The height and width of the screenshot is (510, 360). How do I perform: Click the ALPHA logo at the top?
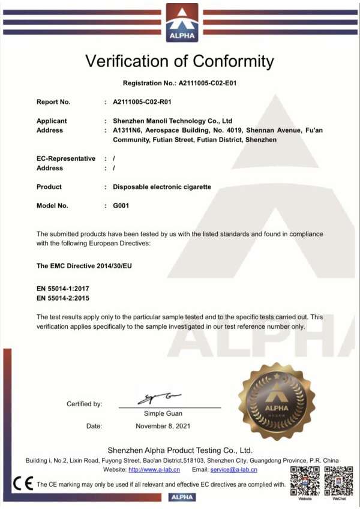tap(181, 23)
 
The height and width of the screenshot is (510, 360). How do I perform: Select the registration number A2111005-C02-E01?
tap(209, 83)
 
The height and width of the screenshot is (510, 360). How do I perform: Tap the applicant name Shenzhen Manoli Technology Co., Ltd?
tap(172, 121)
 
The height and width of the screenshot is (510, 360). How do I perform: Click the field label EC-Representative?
tap(66, 158)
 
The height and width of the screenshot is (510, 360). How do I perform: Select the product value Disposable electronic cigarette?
tap(162, 187)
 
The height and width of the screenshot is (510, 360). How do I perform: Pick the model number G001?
tap(121, 206)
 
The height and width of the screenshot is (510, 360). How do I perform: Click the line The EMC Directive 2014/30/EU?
tap(84, 265)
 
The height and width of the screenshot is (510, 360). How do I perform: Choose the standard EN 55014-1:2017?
tap(63, 289)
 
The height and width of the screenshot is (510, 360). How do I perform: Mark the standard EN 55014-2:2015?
tap(63, 298)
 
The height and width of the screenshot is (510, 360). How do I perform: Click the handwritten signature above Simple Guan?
tap(159, 398)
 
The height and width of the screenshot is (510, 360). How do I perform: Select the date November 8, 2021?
tap(163, 426)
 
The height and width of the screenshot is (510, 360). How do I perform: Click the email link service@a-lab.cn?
tap(233, 470)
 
